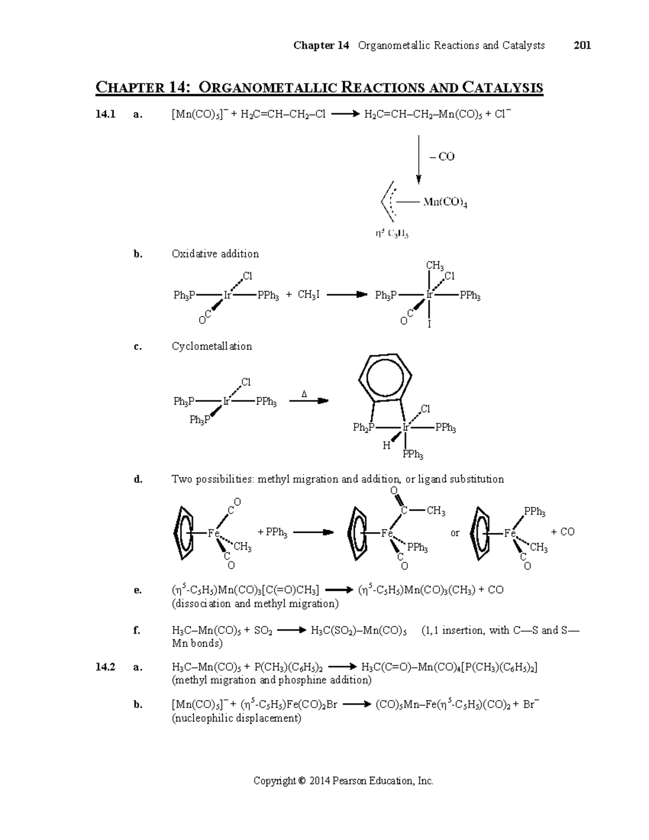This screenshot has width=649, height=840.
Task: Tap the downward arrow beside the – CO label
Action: (x=419, y=160)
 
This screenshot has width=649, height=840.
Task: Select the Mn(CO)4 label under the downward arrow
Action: (x=445, y=203)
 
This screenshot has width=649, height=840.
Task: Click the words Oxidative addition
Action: (x=215, y=254)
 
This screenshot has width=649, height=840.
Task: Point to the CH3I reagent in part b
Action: (x=308, y=295)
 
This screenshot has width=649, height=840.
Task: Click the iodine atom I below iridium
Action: (x=429, y=325)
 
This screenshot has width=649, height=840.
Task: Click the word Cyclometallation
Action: (x=211, y=346)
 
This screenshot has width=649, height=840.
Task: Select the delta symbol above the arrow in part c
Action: (x=304, y=394)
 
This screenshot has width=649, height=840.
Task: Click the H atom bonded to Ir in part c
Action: (x=386, y=446)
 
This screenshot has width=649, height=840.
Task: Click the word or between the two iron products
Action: (x=455, y=533)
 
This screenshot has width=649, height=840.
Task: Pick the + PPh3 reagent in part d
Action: (x=273, y=533)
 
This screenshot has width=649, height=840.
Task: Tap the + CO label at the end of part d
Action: (x=562, y=532)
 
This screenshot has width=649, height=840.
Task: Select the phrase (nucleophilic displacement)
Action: (x=236, y=718)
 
